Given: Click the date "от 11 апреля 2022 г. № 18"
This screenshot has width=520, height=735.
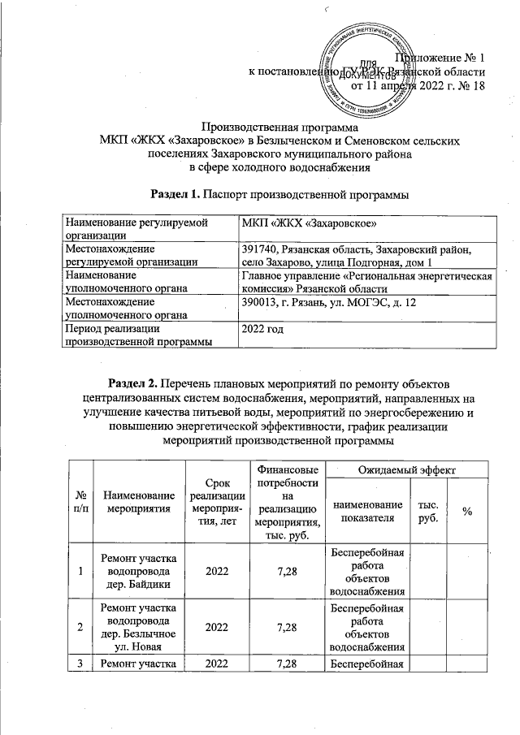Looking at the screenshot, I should (417, 86).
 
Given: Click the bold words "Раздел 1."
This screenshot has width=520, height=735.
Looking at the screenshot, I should (175, 194).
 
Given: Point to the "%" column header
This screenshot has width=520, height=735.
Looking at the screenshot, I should (467, 510).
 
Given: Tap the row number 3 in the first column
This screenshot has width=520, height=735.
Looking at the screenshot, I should (81, 666).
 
